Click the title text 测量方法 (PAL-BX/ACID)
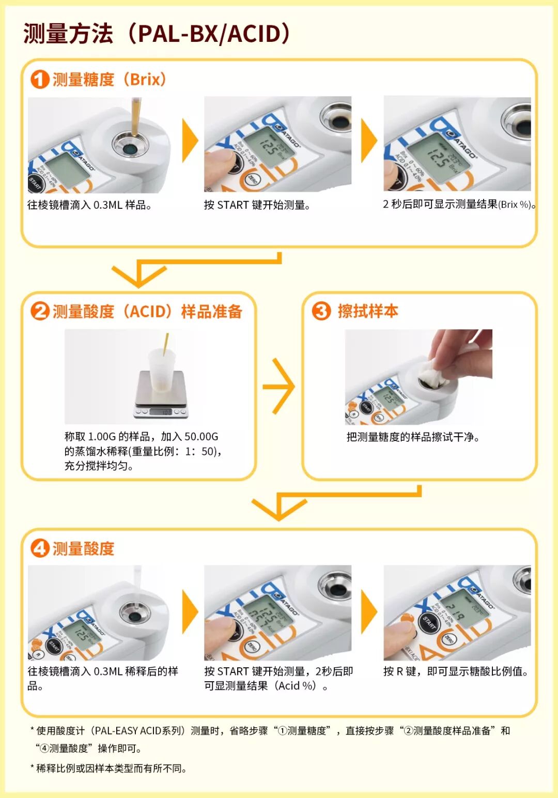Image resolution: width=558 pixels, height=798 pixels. [158, 34]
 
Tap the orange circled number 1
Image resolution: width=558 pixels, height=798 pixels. [40, 79]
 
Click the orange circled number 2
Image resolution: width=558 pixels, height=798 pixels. [40, 311]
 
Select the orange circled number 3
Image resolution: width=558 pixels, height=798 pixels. [321, 311]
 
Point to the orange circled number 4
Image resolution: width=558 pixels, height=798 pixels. [40, 548]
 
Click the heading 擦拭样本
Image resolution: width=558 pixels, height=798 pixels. [368, 311]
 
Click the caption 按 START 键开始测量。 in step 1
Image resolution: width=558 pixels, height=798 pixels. [257, 205]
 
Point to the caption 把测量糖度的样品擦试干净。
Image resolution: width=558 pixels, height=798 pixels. [413, 437]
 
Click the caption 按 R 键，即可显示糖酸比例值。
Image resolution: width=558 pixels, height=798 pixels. [456, 671]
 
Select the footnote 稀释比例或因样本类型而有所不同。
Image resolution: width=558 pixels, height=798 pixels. [111, 769]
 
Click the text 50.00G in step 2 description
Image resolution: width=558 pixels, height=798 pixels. [201, 437]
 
